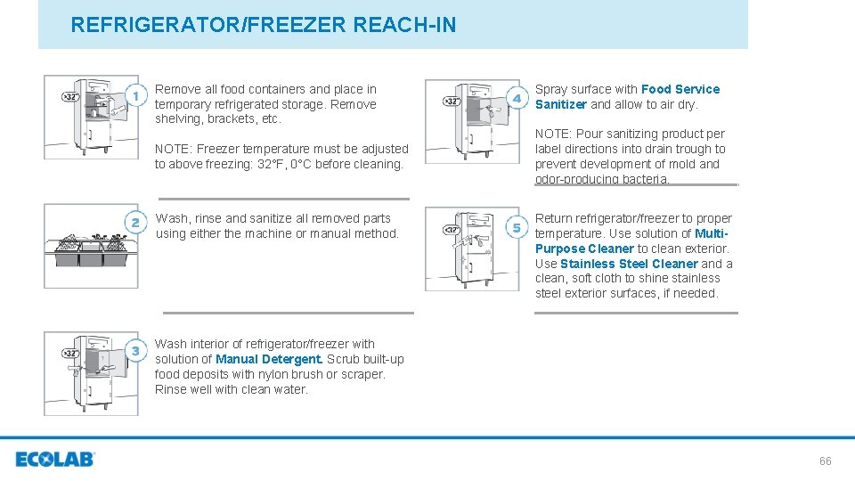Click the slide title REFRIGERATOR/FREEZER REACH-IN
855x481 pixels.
click(x=263, y=25)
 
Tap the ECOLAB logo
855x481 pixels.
click(x=54, y=460)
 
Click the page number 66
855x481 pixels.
click(x=825, y=461)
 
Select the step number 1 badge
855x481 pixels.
click(x=135, y=95)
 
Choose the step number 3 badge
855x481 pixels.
click(x=136, y=351)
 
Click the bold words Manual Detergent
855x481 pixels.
click(x=269, y=359)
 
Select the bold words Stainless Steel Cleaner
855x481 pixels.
click(x=629, y=264)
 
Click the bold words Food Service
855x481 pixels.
click(x=680, y=89)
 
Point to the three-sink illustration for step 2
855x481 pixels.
click(x=91, y=245)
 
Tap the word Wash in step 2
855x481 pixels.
click(x=171, y=218)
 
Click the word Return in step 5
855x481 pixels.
click(x=554, y=218)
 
